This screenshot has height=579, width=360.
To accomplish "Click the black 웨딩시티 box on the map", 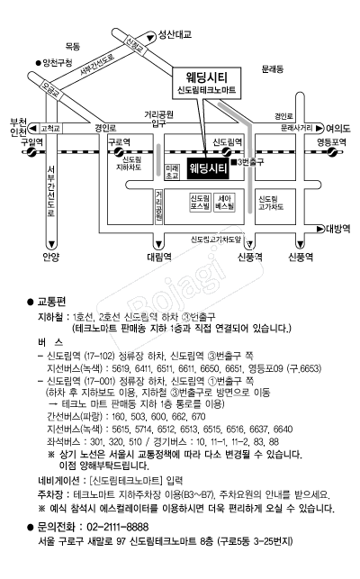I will [x=207, y=167].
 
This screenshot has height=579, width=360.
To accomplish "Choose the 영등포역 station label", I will [x=331, y=141].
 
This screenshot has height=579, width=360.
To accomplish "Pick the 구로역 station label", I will [x=120, y=141].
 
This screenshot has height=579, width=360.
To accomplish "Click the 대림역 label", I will [x=157, y=257].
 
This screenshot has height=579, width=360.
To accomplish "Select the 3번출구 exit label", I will [x=253, y=163].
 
